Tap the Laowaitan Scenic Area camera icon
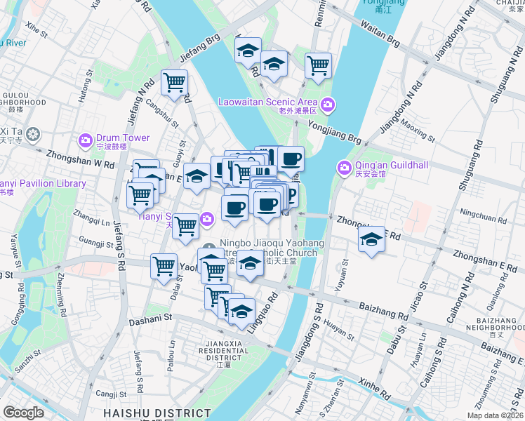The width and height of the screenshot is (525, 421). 328,105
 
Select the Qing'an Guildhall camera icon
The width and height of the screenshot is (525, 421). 344,168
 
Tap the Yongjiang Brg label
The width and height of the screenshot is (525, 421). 334,130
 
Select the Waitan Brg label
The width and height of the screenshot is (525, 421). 379,35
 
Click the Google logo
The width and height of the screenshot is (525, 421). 24,413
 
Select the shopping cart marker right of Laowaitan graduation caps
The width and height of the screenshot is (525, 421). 319,66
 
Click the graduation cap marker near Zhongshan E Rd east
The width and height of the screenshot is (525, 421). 371,239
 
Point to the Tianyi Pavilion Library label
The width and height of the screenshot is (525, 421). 42,184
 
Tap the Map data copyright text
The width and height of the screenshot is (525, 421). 496,415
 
